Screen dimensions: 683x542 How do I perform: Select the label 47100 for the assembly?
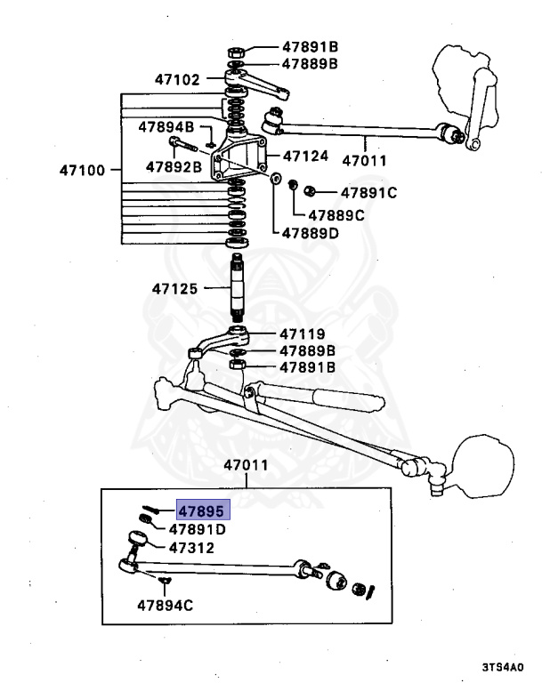click(x=83, y=169)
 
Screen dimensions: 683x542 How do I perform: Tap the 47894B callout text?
click(x=166, y=127)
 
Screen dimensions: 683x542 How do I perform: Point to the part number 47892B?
click(x=174, y=165)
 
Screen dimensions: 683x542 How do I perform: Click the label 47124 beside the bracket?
click(x=305, y=156)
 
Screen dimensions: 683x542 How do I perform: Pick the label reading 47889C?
click(x=336, y=214)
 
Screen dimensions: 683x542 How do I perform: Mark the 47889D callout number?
click(x=311, y=234)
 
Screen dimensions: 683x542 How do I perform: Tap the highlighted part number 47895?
click(x=203, y=510)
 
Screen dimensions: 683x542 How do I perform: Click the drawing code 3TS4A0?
click(x=503, y=666)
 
